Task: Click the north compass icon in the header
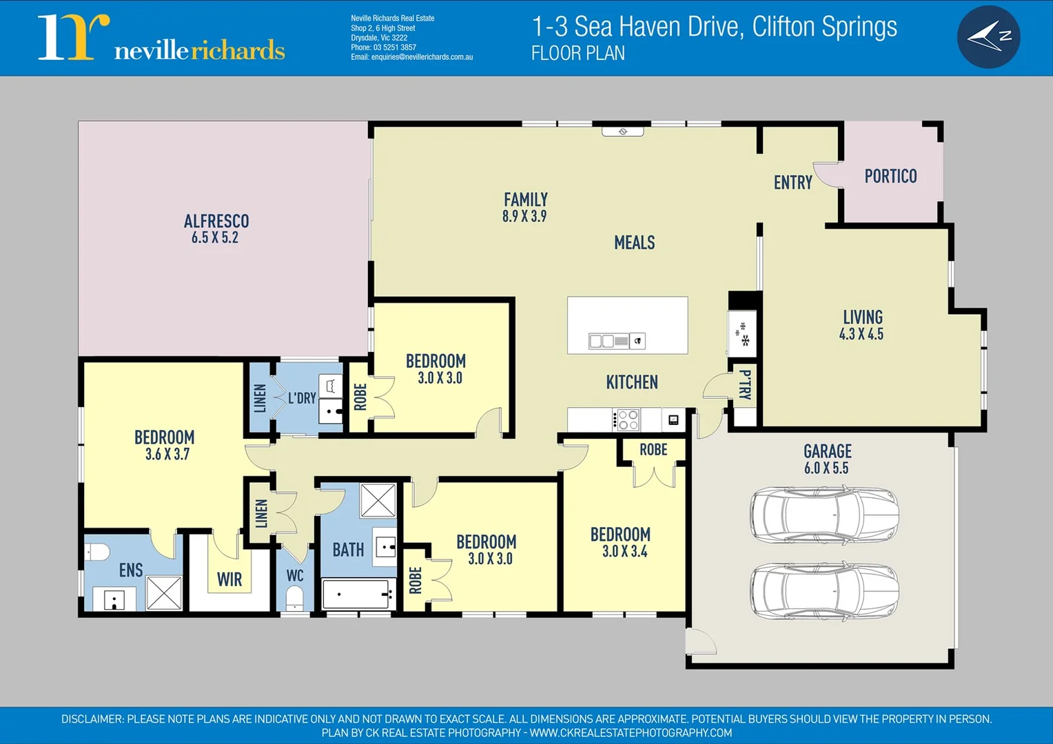pos(988,37)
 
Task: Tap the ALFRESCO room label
pos(216,221)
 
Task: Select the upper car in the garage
pos(824,515)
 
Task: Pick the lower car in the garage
pos(824,590)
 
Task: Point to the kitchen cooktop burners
pos(628,420)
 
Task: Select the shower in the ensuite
pos(164,593)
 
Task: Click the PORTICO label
pos(890,176)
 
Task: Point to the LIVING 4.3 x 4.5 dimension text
pos(861,335)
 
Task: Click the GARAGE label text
pos(827,451)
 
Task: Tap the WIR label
pos(229,580)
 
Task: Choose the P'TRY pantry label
pos(745,384)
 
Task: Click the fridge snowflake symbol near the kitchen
pos(744,334)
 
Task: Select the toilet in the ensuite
pos(96,552)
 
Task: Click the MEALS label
pos(634,242)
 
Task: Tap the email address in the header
pos(411,57)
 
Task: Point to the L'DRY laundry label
pos(302,398)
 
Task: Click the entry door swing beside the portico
pos(826,175)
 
